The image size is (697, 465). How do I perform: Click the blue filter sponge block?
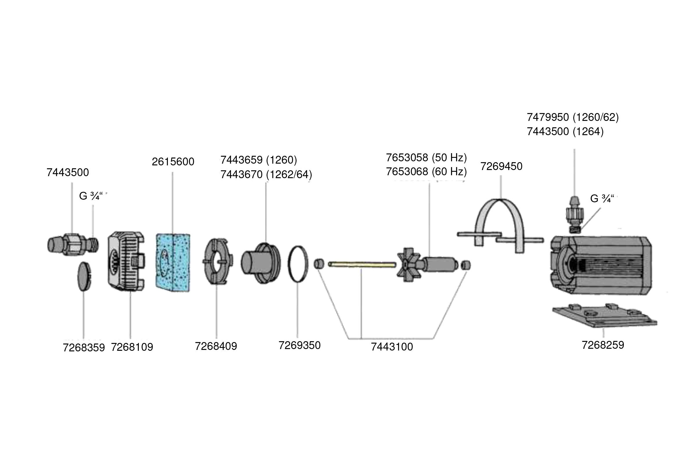point(173,262)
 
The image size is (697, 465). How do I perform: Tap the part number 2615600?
point(173,162)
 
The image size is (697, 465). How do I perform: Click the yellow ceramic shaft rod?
point(362,264)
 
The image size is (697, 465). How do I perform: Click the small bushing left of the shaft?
point(319,264)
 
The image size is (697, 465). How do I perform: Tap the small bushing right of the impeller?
point(466,265)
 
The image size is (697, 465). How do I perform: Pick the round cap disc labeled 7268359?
point(84,276)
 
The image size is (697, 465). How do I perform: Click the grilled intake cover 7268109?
point(126,261)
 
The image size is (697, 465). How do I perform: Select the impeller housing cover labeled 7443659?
point(261,263)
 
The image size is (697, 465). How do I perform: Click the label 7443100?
point(392,347)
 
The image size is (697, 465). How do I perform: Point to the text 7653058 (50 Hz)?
point(426,158)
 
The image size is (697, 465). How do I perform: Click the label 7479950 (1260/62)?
point(572,117)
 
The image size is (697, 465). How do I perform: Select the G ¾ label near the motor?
point(601,198)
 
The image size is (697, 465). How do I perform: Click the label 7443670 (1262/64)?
point(266,174)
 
